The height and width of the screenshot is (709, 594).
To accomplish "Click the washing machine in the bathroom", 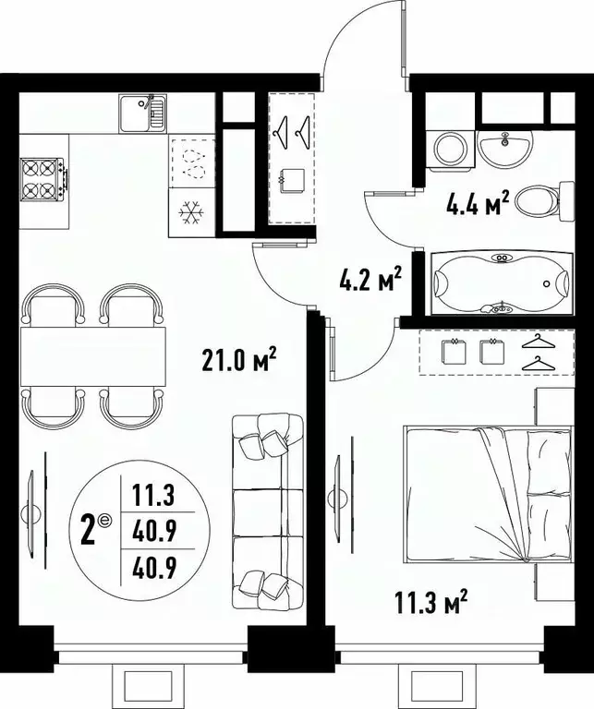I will tap(452, 150).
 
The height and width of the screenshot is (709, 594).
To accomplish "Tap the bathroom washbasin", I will tap(504, 146).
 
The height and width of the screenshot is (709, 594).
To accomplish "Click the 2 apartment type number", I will tap(90, 533).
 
